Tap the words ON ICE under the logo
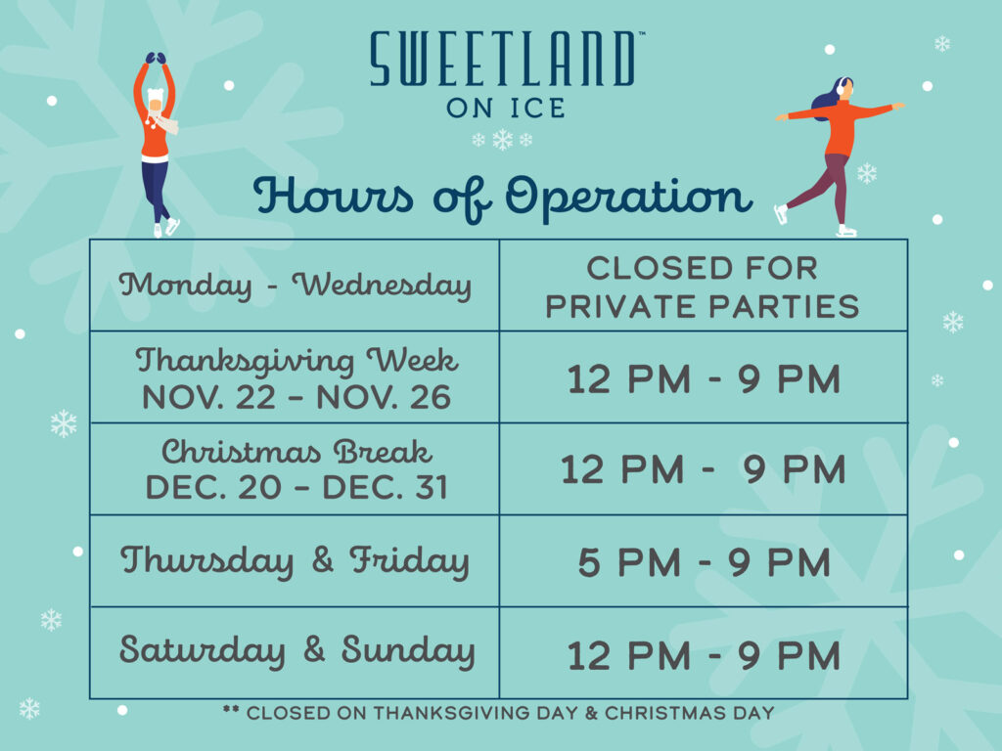coord(506,108)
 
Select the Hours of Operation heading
coord(503,198)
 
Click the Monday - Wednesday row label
coord(296,285)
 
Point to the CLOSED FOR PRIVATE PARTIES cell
coord(703,287)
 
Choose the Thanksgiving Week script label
coord(296,361)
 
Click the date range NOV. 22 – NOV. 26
coord(296,397)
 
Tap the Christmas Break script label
coord(296,452)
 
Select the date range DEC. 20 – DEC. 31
coord(296,487)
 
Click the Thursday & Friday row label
coord(296,560)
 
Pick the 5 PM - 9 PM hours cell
coord(705,562)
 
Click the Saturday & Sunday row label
coord(297,650)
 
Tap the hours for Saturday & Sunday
coord(704,656)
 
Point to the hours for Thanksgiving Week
coord(704,378)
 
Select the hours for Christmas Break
coord(704,469)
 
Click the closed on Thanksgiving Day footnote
coord(498,713)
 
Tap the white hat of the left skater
coord(156,97)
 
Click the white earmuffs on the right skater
coord(843,86)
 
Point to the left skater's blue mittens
coord(156,58)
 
